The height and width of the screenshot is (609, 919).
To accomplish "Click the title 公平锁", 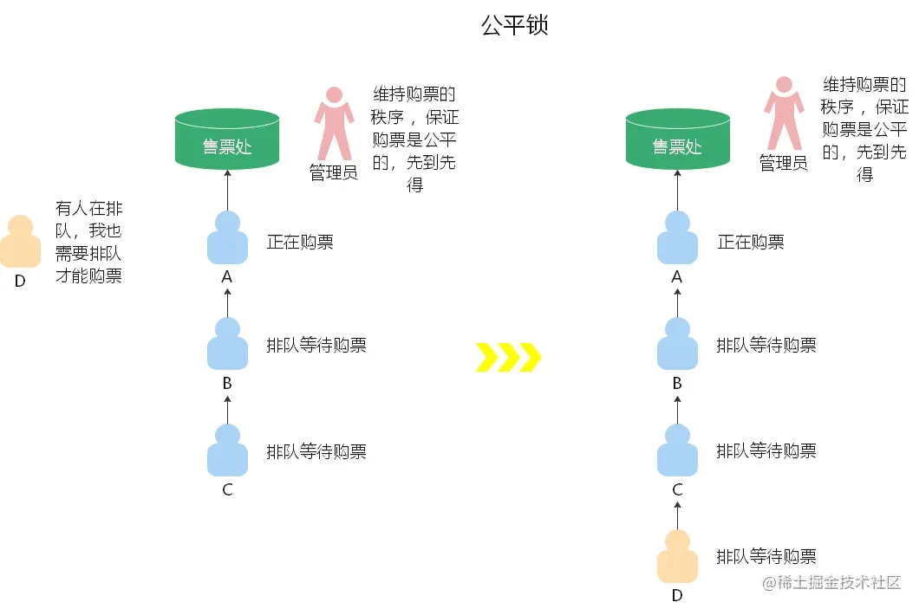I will click(x=515, y=26).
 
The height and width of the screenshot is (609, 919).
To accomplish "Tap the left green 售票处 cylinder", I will click(x=227, y=139).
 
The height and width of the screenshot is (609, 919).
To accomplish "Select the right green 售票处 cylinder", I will click(x=677, y=139).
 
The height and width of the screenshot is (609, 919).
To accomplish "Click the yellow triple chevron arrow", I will click(x=508, y=356).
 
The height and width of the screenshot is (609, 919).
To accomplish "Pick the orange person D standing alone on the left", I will click(x=20, y=242).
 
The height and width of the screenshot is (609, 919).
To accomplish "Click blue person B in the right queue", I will click(x=677, y=345).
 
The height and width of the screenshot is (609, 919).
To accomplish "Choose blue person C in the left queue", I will click(x=227, y=450).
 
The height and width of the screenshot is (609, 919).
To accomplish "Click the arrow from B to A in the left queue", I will click(x=227, y=302).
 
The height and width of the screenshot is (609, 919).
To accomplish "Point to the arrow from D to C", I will click(x=677, y=515).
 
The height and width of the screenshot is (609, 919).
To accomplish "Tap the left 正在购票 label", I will click(x=300, y=242).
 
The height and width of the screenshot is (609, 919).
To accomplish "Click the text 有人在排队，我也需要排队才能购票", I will click(x=88, y=242).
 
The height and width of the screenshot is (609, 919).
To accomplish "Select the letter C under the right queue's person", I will click(x=677, y=490).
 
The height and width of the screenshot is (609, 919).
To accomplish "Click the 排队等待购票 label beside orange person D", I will click(x=766, y=556).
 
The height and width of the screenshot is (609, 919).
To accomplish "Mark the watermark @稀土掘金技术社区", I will click(x=832, y=583).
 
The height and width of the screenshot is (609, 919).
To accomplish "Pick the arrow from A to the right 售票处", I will click(x=677, y=190).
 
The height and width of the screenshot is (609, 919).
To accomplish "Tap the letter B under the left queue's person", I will click(x=227, y=383).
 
